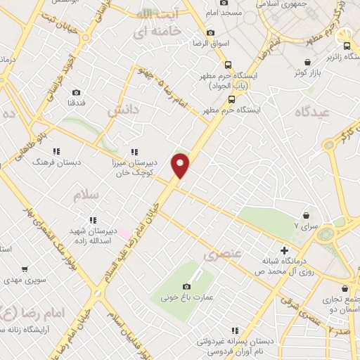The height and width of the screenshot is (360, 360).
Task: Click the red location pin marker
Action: (181, 165)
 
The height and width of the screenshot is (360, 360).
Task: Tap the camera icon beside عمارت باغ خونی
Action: (186, 286)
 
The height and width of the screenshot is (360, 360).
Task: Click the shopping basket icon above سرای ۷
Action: (307, 215)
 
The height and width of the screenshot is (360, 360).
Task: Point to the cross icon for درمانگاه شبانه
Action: (284, 250)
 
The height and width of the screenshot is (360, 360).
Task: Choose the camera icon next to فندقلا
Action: (76, 92)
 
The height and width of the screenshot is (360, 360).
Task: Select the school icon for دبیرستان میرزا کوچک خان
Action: (134, 152)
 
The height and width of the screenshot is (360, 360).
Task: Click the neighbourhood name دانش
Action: (119, 111)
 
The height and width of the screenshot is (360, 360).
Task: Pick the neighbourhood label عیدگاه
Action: (313, 112)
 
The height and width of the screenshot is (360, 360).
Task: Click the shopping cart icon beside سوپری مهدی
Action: (25, 269)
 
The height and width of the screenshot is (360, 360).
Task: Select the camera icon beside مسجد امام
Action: (224, 1)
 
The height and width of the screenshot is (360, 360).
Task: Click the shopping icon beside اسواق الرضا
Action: (210, 32)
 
